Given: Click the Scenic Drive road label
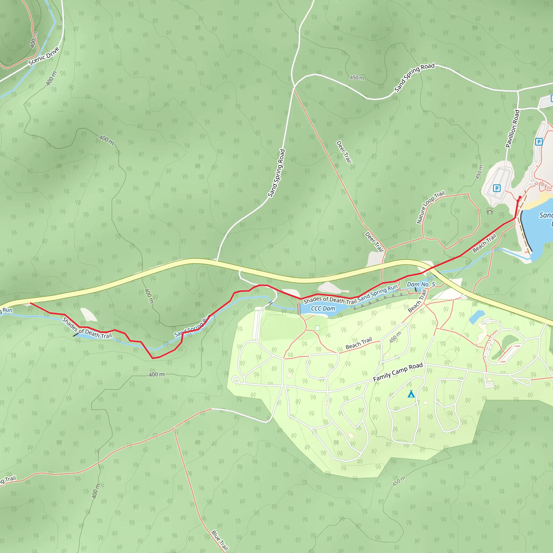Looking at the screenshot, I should (x=44, y=56).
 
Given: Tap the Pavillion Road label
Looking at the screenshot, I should (x=513, y=129).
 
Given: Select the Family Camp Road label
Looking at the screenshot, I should (x=398, y=372).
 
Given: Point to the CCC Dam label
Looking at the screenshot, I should (x=323, y=309).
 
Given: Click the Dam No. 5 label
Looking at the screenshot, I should (x=421, y=284).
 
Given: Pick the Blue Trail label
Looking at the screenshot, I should (x=220, y=540).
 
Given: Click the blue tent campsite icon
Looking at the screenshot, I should (x=411, y=394).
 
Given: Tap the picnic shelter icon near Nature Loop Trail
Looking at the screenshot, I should (x=490, y=211).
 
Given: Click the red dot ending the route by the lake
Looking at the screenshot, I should (x=520, y=197).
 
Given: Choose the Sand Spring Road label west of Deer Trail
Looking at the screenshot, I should (x=276, y=173).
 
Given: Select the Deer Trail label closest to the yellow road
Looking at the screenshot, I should (x=374, y=242).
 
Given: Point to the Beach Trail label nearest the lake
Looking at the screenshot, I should (x=484, y=243).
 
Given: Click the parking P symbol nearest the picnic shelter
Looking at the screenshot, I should (x=497, y=188).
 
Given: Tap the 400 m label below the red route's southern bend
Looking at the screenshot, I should (x=157, y=375).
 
